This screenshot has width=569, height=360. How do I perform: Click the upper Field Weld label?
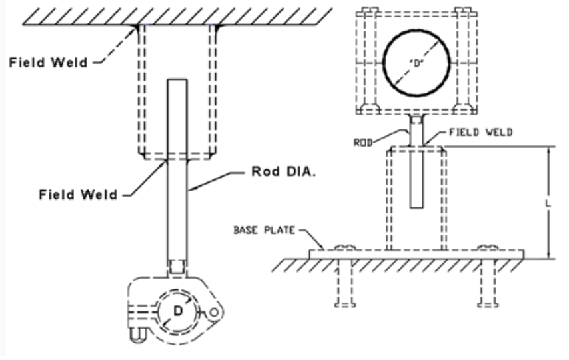pos(48,63)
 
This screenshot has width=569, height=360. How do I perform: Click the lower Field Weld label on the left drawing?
pos(78,195)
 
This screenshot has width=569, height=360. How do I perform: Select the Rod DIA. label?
pos(283,171)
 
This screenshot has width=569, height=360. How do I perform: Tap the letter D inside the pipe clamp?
pos(178,311)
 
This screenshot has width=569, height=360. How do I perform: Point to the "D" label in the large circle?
pos(416,63)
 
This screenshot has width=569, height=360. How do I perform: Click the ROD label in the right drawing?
pos(363,143)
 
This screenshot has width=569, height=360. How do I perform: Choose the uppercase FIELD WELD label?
pos(481,132)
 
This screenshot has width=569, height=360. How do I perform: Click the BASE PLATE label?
pos(264,230)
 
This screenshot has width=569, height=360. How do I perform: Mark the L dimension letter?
pos(548,203)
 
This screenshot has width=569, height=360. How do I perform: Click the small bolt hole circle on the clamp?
pos(214,313)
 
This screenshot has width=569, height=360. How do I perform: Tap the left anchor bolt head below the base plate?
pos(344,305)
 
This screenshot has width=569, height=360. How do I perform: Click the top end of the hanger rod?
pos(177,79)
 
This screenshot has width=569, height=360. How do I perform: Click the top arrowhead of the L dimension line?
pos(548,150)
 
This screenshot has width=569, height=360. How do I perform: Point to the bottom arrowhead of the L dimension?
pos(548,255)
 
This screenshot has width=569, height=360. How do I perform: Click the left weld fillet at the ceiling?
pos(137,27)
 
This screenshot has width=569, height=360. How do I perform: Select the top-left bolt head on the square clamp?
pos(367,11)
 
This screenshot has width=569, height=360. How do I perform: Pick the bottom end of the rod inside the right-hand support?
pos(416,207)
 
